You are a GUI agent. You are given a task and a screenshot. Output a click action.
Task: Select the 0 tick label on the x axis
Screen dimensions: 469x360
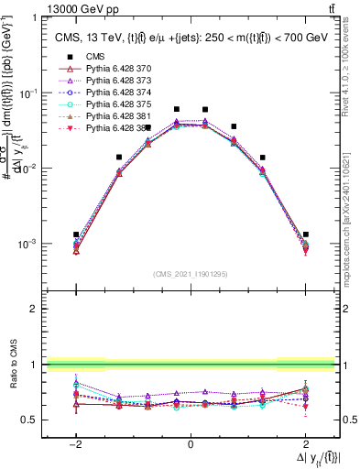190,443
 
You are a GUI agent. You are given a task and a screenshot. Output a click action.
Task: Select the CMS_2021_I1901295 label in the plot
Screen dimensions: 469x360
190,274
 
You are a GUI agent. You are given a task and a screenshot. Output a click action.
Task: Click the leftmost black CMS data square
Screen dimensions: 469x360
76,234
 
